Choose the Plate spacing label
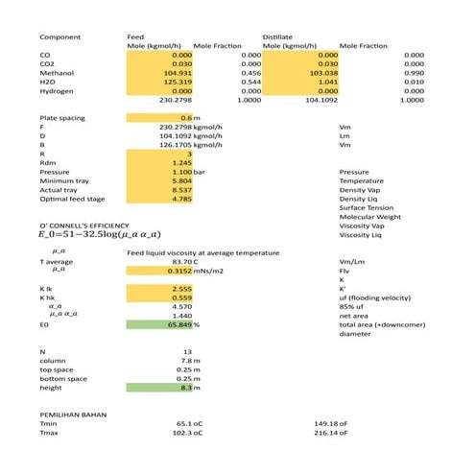pos(59,117)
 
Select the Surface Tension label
pos(367,207)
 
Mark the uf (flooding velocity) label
pos(376,297)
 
